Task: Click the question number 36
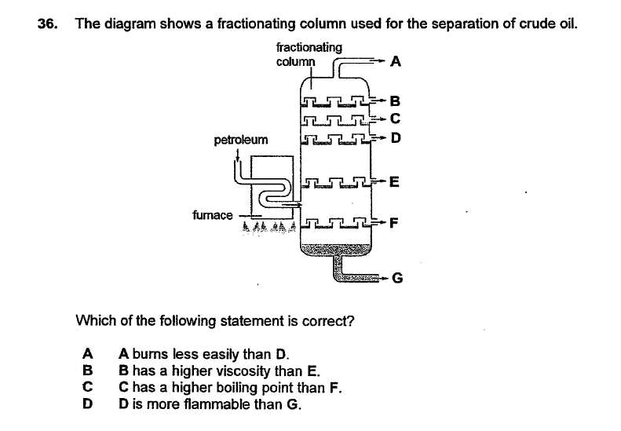[47, 23]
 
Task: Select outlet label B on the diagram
[395, 100]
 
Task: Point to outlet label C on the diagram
[395, 119]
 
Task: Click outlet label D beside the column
[395, 140]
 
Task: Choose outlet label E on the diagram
[395, 183]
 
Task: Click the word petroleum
[240, 141]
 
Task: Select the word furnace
[212, 214]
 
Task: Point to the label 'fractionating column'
[309, 54]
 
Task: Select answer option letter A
[88, 353]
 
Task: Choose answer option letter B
[88, 369]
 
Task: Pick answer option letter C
[88, 386]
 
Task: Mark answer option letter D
[88, 404]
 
